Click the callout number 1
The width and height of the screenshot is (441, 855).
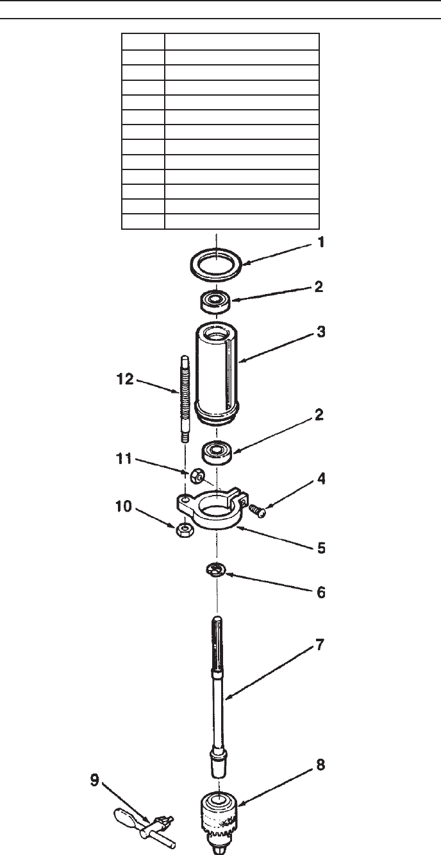tap(321, 242)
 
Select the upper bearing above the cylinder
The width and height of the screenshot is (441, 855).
tap(216, 302)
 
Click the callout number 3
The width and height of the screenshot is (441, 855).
tap(321, 332)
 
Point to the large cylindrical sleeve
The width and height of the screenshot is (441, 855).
tap(217, 372)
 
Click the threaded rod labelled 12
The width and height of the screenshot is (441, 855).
tap(185, 399)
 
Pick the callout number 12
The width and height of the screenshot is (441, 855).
tap(125, 379)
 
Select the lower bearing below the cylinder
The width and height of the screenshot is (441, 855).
tap(217, 453)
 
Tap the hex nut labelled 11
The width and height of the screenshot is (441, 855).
tap(197, 476)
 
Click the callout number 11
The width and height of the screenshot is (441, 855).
tap(124, 458)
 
